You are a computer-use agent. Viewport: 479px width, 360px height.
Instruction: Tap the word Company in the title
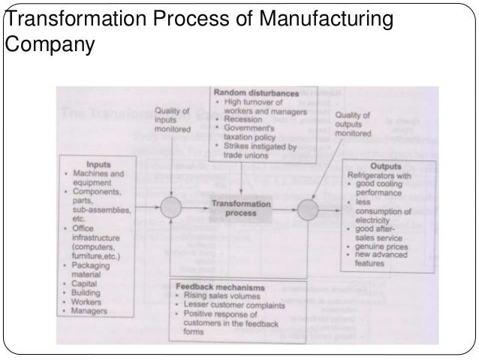point(49,46)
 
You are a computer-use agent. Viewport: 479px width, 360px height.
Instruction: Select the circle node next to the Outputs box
point(307,208)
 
